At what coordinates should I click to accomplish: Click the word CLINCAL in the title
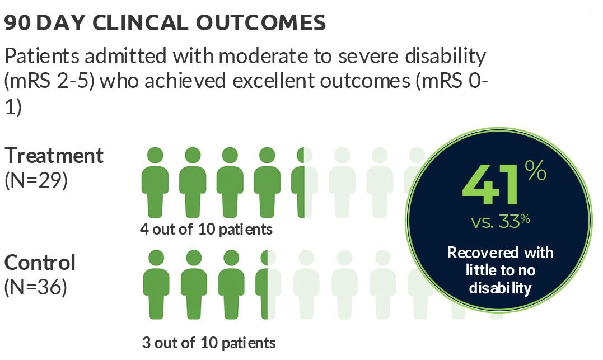pyautogui.click(x=141, y=23)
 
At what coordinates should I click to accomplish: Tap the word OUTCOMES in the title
pyautogui.click(x=261, y=23)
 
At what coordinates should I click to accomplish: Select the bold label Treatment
pyautogui.click(x=54, y=156)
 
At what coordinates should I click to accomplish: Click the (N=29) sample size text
pyautogui.click(x=36, y=180)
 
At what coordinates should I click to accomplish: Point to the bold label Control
pyautogui.click(x=40, y=263)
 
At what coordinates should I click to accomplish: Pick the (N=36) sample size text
pyautogui.click(x=36, y=287)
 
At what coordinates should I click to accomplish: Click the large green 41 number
pyautogui.click(x=491, y=185)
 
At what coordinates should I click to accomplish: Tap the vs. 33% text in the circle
pyautogui.click(x=501, y=221)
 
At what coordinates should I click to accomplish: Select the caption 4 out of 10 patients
pyautogui.click(x=206, y=229)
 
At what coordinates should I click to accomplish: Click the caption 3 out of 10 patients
pyautogui.click(x=209, y=343)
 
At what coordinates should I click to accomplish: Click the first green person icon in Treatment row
pyautogui.click(x=155, y=183)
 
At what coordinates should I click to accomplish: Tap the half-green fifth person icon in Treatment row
pyautogui.click(x=305, y=183)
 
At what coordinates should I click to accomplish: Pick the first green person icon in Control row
pyautogui.click(x=156, y=284)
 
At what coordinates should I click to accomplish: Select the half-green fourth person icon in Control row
pyautogui.click(x=268, y=284)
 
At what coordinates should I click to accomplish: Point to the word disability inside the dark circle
pyautogui.click(x=500, y=288)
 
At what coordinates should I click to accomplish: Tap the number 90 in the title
pyautogui.click(x=17, y=23)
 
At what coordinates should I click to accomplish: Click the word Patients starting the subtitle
pyautogui.click(x=42, y=56)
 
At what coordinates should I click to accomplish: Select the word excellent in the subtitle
pyautogui.click(x=274, y=81)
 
